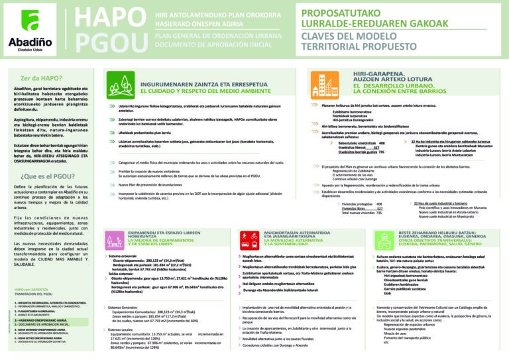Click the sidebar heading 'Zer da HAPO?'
coord(37,77)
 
